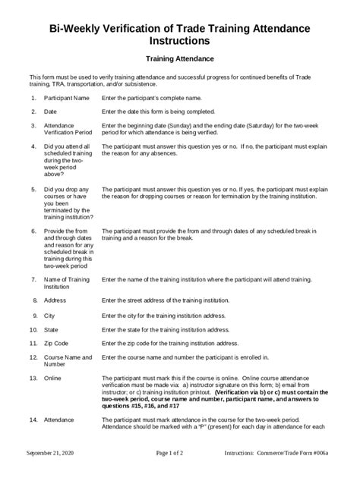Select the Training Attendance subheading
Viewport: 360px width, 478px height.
click(179, 58)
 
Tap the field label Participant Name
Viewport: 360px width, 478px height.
click(67, 99)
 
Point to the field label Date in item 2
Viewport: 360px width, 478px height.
click(52, 112)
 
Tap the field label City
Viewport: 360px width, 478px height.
click(50, 315)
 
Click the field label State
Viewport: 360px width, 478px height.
click(52, 329)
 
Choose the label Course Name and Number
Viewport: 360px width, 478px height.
click(68, 361)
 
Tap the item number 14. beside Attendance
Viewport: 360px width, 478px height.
click(33, 419)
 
